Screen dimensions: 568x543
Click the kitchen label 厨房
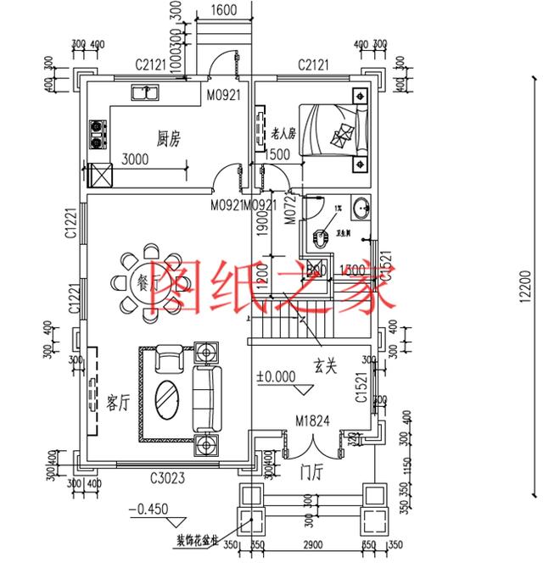171,138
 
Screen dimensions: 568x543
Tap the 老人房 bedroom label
283,134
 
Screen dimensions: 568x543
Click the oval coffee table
168,396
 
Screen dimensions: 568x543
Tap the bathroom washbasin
362,207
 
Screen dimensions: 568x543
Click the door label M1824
313,420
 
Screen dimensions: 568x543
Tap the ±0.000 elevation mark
275,374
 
